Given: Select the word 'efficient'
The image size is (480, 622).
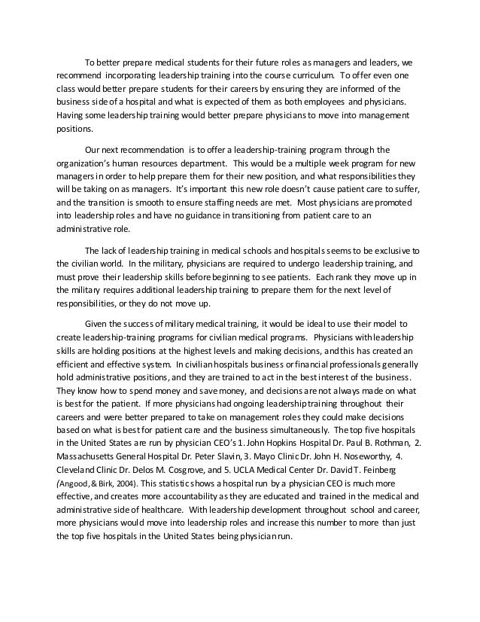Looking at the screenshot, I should point(75,365).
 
